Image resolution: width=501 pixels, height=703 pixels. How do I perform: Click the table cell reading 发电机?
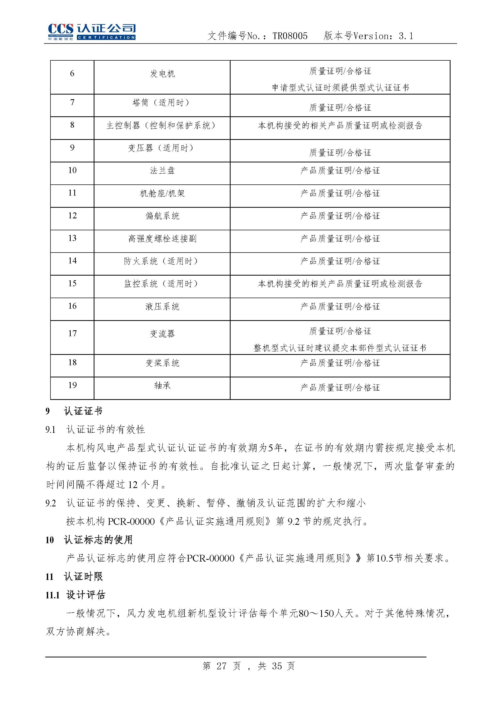coord(162,74)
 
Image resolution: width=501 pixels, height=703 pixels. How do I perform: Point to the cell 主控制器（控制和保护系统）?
coord(162,125)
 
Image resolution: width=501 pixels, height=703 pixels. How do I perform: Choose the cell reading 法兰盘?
coord(162,170)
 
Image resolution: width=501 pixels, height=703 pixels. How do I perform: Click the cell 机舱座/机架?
coord(162,193)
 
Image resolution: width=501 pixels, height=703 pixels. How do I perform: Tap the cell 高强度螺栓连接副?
coord(162,238)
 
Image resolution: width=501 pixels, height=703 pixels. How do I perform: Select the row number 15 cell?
coord(72,283)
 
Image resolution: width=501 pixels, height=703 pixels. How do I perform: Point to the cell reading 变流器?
coord(162,333)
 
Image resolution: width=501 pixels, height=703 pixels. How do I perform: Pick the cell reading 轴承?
coord(162,385)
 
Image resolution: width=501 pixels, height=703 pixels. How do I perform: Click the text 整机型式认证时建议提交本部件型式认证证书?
coord(340,348)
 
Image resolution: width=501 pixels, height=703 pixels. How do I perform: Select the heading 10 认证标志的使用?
coord(89,540)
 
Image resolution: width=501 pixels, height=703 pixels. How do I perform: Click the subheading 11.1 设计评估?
coord(75,595)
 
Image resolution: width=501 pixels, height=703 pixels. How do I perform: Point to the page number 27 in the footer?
coord(221,666)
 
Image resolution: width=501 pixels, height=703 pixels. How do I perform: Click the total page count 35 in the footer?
coord(277,666)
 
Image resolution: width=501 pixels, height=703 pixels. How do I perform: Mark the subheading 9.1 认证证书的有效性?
coord(95,429)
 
